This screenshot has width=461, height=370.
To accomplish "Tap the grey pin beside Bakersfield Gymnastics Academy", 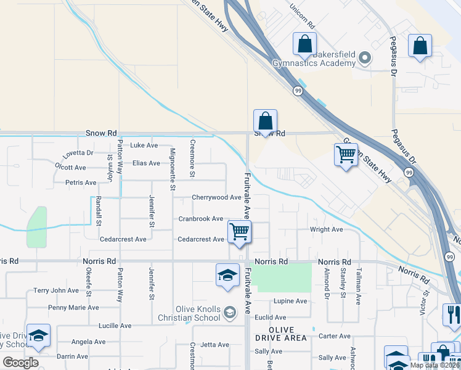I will (x=365, y=59).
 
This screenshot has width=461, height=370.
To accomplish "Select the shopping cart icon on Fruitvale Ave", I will (x=239, y=232).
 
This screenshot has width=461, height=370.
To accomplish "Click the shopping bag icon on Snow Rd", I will (x=265, y=121).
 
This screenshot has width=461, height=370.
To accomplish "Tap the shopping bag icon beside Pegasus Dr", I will (x=420, y=46).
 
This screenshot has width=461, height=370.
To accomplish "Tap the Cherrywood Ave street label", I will (x=216, y=197).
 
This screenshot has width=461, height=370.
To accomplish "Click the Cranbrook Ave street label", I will (x=200, y=219).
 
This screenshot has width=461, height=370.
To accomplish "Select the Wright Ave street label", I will (x=326, y=229).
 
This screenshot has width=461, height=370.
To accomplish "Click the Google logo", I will (x=20, y=362).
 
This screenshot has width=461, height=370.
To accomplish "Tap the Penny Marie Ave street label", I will (x=73, y=308).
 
